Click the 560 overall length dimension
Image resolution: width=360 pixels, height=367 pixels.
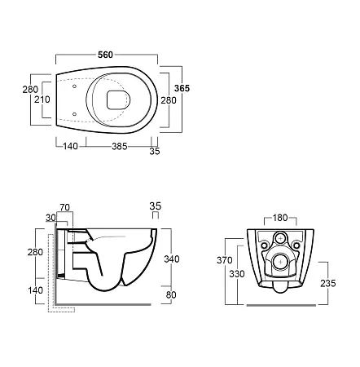point(105,55)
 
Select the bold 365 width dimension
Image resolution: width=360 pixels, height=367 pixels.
point(182,88)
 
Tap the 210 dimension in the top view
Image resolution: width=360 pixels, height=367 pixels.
point(42,99)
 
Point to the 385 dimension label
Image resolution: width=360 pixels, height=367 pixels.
point(120,147)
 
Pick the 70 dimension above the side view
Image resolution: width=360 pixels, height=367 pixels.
point(65,207)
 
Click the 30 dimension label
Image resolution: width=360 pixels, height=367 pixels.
point(50,218)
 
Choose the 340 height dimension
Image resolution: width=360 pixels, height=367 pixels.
point(172,259)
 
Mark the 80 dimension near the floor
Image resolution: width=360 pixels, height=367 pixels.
point(171,294)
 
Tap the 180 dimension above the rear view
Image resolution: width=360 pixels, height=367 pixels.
point(280,218)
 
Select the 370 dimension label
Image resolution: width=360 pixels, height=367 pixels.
point(225,260)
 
